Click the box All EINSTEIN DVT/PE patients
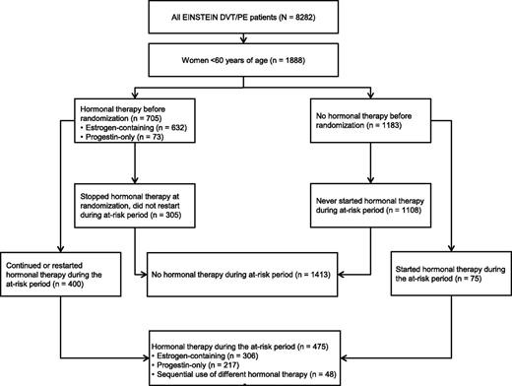255,19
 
